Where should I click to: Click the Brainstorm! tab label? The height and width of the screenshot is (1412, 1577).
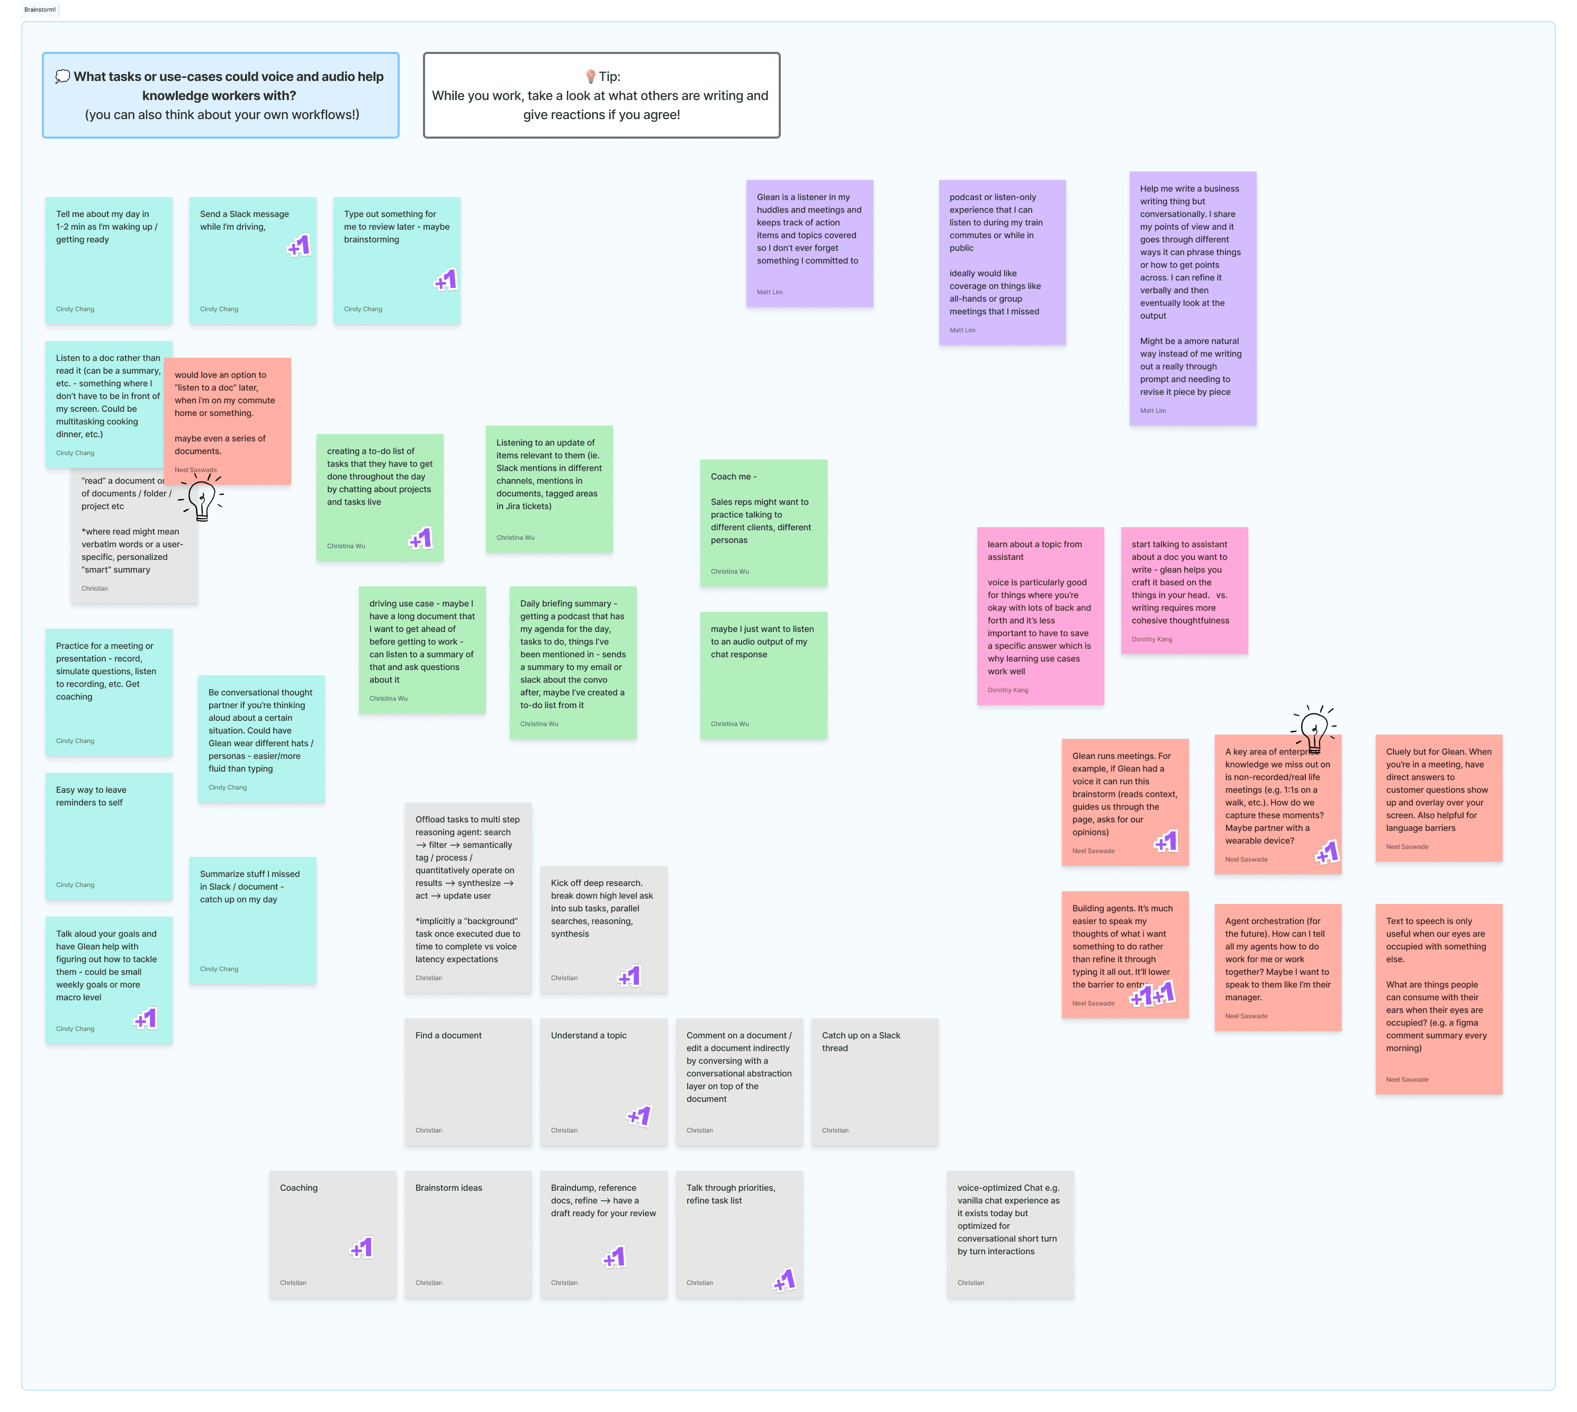[x=40, y=10]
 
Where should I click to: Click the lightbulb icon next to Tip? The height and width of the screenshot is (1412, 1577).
[x=591, y=76]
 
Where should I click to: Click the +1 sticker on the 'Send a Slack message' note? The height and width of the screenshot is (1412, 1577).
[x=300, y=246]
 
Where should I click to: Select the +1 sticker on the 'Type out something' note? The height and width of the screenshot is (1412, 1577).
[x=446, y=280]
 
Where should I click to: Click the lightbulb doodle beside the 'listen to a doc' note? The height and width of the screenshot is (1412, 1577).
[x=202, y=499]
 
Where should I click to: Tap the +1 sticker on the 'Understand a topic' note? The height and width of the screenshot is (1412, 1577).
[x=639, y=1116]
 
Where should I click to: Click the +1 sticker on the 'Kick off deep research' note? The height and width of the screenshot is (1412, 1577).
[x=630, y=976]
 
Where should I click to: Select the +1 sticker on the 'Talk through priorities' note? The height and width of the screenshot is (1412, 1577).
[x=786, y=1280]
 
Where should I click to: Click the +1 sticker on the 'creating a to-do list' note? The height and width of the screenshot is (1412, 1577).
[x=421, y=538]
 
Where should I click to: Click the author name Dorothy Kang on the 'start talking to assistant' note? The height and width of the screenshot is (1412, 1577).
[x=1152, y=639]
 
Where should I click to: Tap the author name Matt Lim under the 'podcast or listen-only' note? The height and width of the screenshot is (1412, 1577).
[x=962, y=330]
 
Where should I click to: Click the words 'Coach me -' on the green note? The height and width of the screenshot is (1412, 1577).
[x=733, y=476]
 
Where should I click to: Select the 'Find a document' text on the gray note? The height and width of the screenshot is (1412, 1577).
[x=448, y=1035]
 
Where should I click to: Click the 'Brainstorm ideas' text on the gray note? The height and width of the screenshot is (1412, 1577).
[x=448, y=1188]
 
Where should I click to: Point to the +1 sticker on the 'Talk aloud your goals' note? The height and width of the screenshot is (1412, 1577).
[x=147, y=1019]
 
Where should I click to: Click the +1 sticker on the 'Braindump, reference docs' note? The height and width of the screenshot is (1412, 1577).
[x=615, y=1257]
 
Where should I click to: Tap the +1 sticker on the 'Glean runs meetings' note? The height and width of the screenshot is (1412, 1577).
[x=1166, y=841]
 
